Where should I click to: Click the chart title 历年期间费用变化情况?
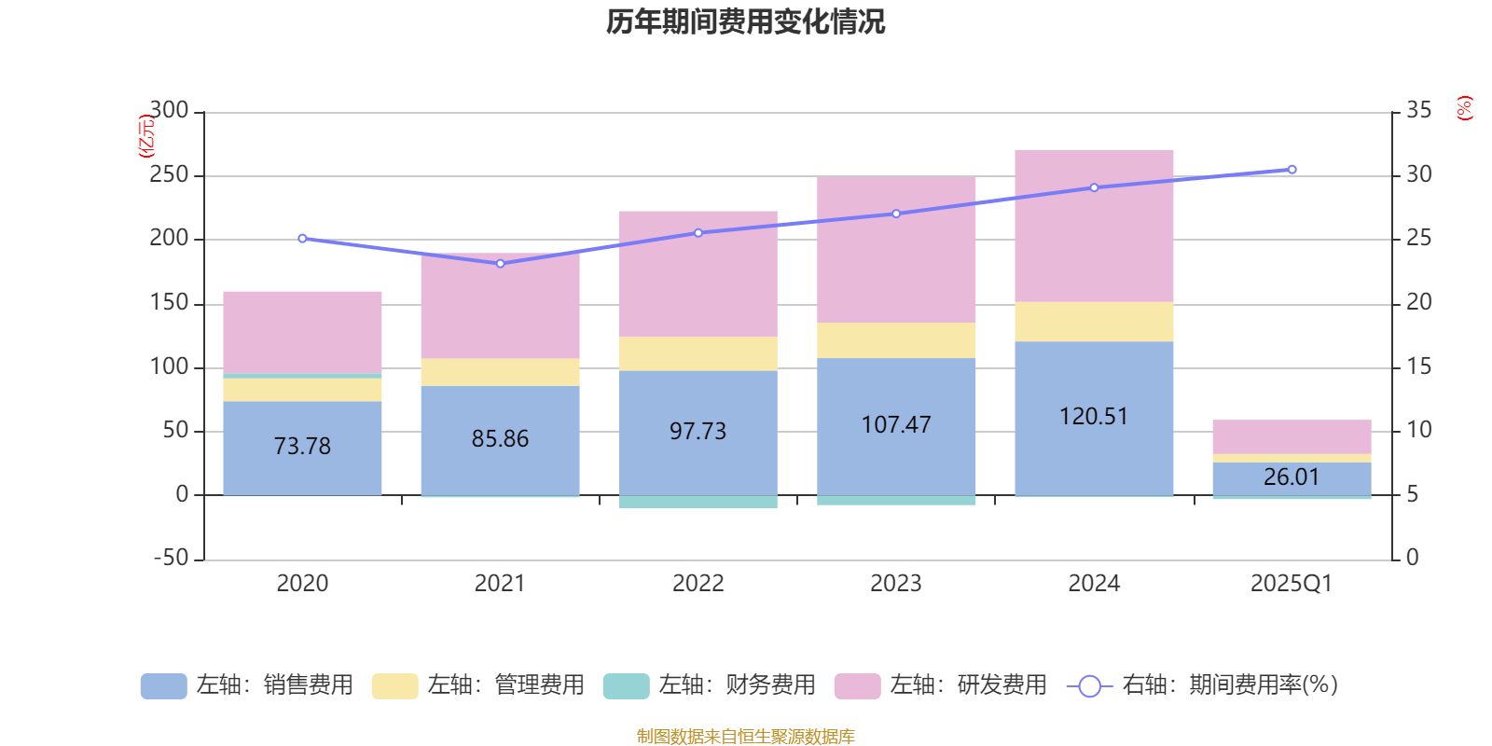pyautogui.click(x=745, y=21)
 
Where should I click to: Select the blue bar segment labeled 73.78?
pyautogui.click(x=302, y=446)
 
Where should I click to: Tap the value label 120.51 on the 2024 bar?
pyautogui.click(x=1094, y=416)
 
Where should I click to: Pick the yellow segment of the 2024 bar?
pyautogui.click(x=1094, y=322)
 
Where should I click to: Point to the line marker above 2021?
pyautogui.click(x=500, y=264)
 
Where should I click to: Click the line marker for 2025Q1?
pyautogui.click(x=1292, y=170)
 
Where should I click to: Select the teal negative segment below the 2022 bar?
pyautogui.click(x=698, y=503)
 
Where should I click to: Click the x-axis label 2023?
pyautogui.click(x=896, y=584)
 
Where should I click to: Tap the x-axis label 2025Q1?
pyautogui.click(x=1292, y=584)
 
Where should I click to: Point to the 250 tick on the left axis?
pyautogui.click(x=169, y=175)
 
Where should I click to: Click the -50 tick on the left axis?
pyautogui.click(x=171, y=558)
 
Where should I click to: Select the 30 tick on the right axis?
pyautogui.click(x=1418, y=174)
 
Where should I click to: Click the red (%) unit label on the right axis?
pyautogui.click(x=1464, y=108)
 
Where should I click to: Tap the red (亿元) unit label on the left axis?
pyautogui.click(x=145, y=136)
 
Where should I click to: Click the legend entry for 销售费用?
pyautogui.click(x=247, y=685)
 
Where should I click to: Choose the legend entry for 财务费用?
pyautogui.click(x=710, y=685)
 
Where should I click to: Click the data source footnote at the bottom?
pyautogui.click(x=745, y=737)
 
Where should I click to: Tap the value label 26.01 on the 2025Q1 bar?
pyautogui.click(x=1292, y=477)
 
